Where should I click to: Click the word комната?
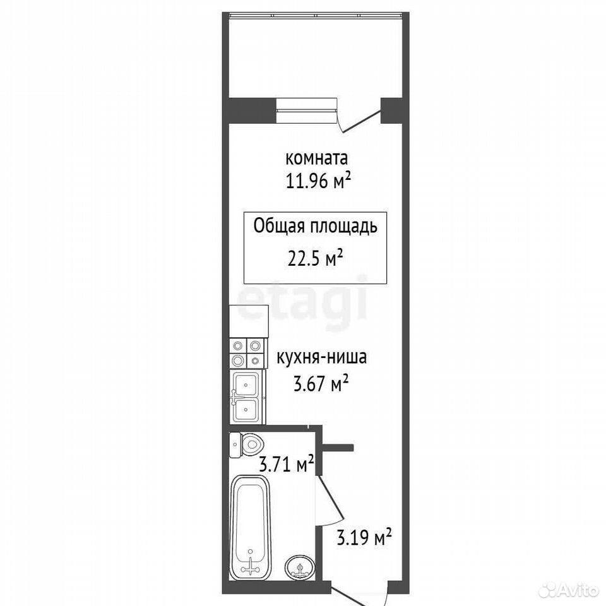(x=316, y=158)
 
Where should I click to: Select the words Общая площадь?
(x=315, y=227)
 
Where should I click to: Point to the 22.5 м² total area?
(x=316, y=258)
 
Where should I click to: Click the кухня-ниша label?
(x=321, y=357)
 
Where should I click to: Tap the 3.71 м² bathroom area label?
(x=286, y=465)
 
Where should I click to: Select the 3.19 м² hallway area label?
(x=364, y=537)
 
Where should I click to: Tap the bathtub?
(x=250, y=527)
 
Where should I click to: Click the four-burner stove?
(x=247, y=353)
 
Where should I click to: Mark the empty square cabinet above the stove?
(x=249, y=321)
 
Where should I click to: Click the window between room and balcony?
(x=307, y=110)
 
